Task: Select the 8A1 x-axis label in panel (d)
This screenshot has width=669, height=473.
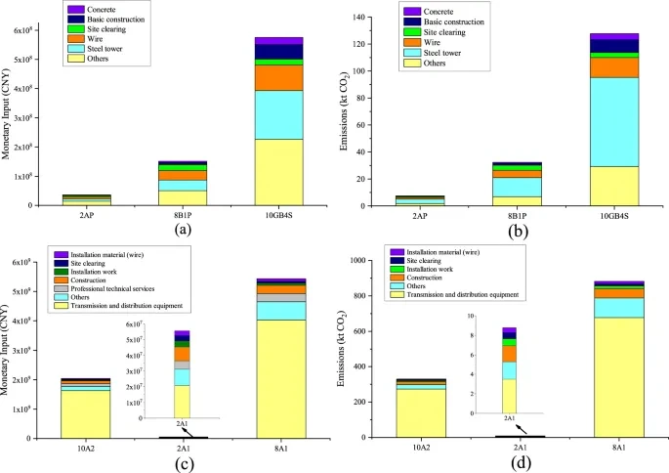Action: (x=613, y=448)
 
